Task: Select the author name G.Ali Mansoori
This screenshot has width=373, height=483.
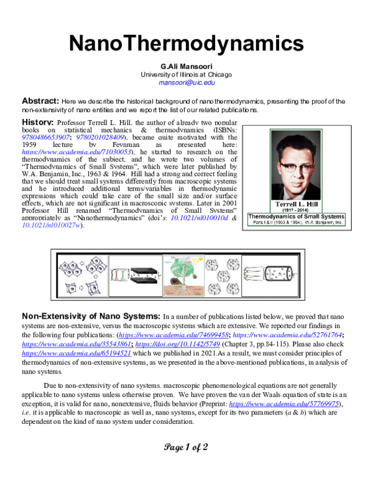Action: [x=186, y=67]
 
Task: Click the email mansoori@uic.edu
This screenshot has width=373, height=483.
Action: [x=186, y=82]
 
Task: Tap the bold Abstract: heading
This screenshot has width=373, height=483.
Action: [x=40, y=101]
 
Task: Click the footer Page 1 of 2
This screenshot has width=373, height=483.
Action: [x=186, y=446]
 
